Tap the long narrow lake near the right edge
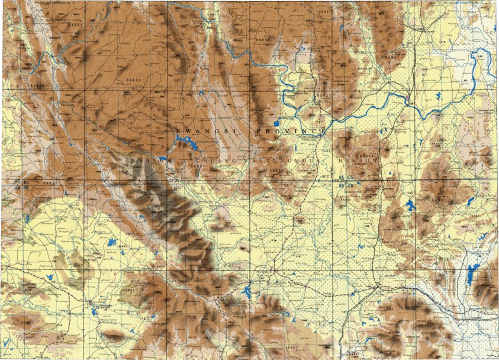pyautogui.click(x=471, y=274)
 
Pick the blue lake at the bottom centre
pyautogui.click(x=247, y=292)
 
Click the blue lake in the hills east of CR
pyautogui.click(x=410, y=205)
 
